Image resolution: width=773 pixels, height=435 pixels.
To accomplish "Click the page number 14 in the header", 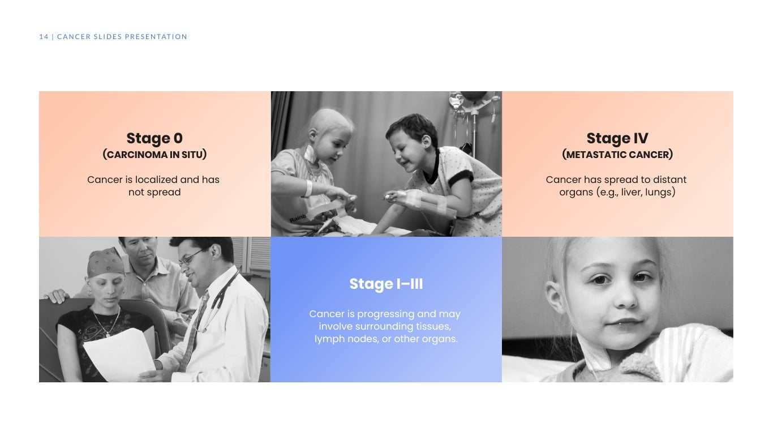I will pyautogui.click(x=44, y=37).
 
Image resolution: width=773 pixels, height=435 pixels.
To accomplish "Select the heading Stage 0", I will pyautogui.click(x=154, y=139).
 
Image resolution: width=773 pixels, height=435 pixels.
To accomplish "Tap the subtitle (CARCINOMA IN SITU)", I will pyautogui.click(x=154, y=155).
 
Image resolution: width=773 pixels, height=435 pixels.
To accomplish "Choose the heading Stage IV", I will pyautogui.click(x=617, y=139).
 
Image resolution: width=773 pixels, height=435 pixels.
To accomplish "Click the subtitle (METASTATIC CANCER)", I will pyautogui.click(x=617, y=155).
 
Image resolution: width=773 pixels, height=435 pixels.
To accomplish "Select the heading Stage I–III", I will pyautogui.click(x=386, y=284).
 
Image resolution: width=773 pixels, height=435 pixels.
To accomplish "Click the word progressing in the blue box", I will pyautogui.click(x=386, y=314).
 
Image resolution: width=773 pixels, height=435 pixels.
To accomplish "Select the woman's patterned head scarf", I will pyautogui.click(x=105, y=261).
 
